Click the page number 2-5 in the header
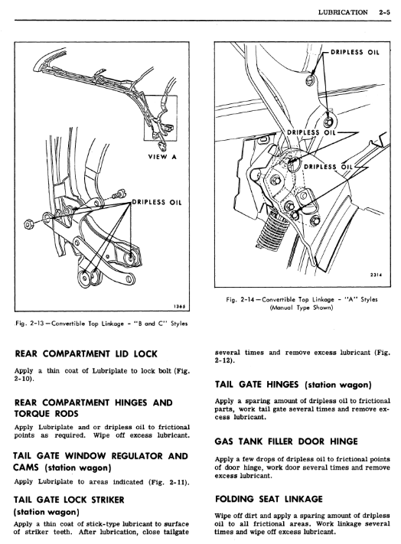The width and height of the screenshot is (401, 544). coord(384,12)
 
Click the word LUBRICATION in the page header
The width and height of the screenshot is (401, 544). coord(343,12)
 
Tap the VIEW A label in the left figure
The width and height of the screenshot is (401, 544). coord(162,157)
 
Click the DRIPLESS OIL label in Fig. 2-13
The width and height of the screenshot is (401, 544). coord(156,202)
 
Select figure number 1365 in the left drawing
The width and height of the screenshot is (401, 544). coord(179,306)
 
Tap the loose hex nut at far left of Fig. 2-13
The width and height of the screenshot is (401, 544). coord(28,224)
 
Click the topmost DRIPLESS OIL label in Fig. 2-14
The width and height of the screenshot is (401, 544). coord(355,52)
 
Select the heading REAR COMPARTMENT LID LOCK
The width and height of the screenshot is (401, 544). coord(86,354)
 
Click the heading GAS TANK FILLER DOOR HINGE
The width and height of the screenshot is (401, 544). coord(286,441)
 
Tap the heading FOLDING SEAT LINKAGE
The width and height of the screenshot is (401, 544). coord(269,499)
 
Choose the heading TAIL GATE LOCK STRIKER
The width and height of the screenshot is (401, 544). coord(69,500)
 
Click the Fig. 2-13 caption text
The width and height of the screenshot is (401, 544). coord(102,324)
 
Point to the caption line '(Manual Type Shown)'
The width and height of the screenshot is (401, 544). coord(302,308)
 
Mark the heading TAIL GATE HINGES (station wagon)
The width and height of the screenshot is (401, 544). coord(293,384)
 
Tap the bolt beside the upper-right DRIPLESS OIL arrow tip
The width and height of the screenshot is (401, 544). coord(309,81)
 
